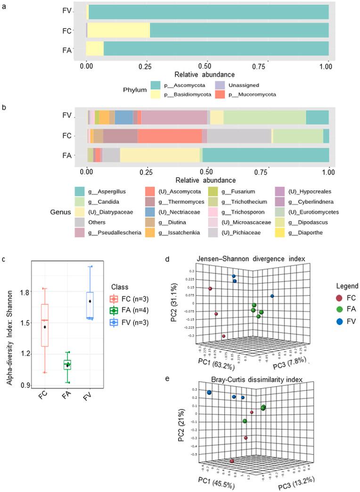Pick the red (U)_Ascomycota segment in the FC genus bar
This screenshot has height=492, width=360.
pyautogui.click(x=170, y=136)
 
